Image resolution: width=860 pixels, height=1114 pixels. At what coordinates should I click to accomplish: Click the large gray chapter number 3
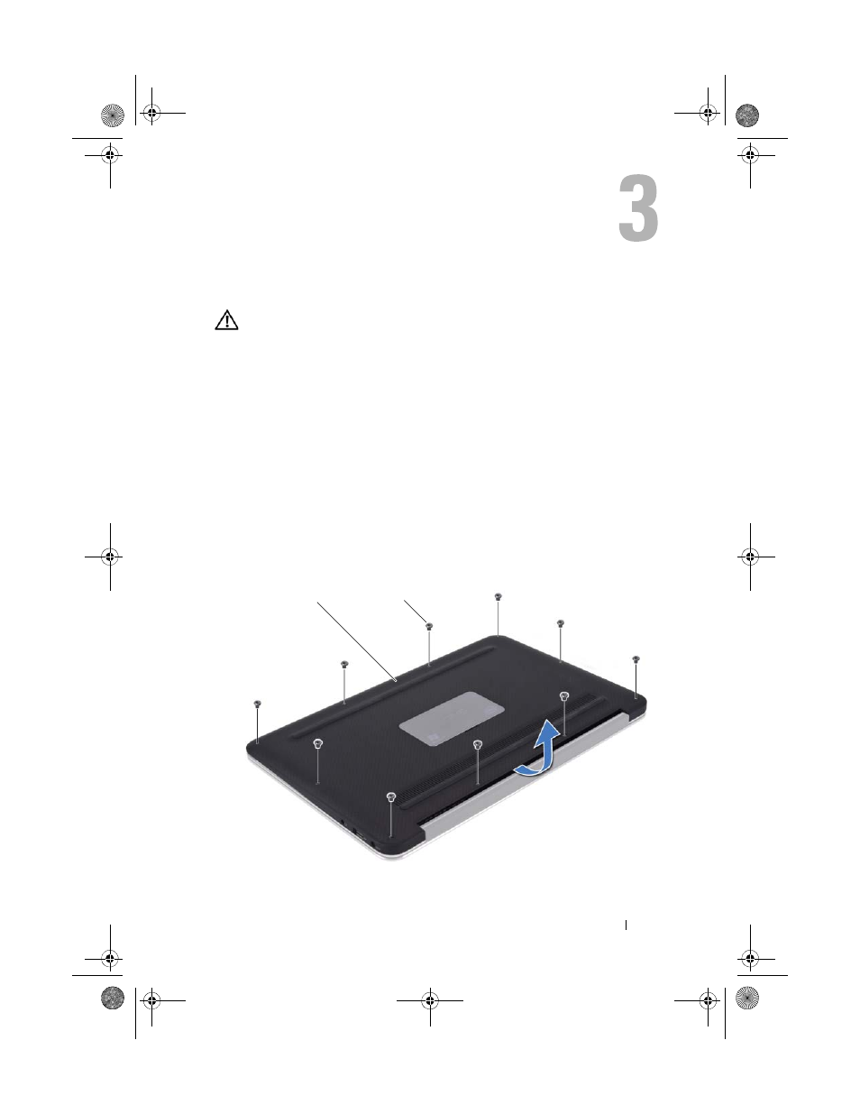(638, 207)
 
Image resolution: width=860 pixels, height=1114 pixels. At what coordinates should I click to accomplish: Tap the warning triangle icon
(226, 320)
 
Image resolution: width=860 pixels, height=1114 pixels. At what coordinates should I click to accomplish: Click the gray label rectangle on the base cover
(452, 718)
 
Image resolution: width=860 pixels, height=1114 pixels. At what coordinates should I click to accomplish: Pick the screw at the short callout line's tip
(429, 626)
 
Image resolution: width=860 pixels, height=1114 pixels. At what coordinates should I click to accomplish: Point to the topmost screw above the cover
(498, 597)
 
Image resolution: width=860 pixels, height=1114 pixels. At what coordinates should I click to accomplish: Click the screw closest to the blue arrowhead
(564, 696)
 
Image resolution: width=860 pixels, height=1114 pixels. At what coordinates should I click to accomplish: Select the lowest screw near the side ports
(391, 796)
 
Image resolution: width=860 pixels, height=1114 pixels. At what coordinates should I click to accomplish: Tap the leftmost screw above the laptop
(257, 704)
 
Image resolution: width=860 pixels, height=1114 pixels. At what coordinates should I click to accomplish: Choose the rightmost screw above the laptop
(636, 659)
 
